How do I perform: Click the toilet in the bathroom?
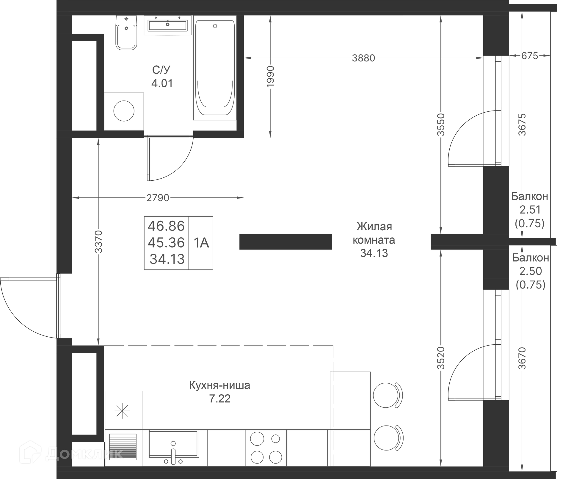tap(126, 33)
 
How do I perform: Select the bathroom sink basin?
tap(168, 25)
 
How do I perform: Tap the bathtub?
tap(215, 68)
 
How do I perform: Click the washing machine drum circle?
tap(124, 111)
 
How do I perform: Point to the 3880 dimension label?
tap(363, 58)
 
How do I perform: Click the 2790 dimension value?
tap(158, 198)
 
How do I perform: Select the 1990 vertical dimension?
tap(270, 77)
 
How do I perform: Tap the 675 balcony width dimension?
tap(530, 56)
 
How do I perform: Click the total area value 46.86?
tap(166, 226)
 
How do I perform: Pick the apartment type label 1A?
tap(201, 243)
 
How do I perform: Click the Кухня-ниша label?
tap(219, 385)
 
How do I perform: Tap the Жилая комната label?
tap(374, 233)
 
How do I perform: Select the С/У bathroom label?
tap(161, 70)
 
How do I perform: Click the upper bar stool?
tap(388, 396)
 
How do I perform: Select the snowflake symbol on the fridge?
tap(122, 411)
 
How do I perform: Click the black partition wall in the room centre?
tap(285, 242)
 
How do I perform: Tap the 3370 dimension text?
tap(98, 242)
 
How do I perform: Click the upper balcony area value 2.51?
tap(530, 210)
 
